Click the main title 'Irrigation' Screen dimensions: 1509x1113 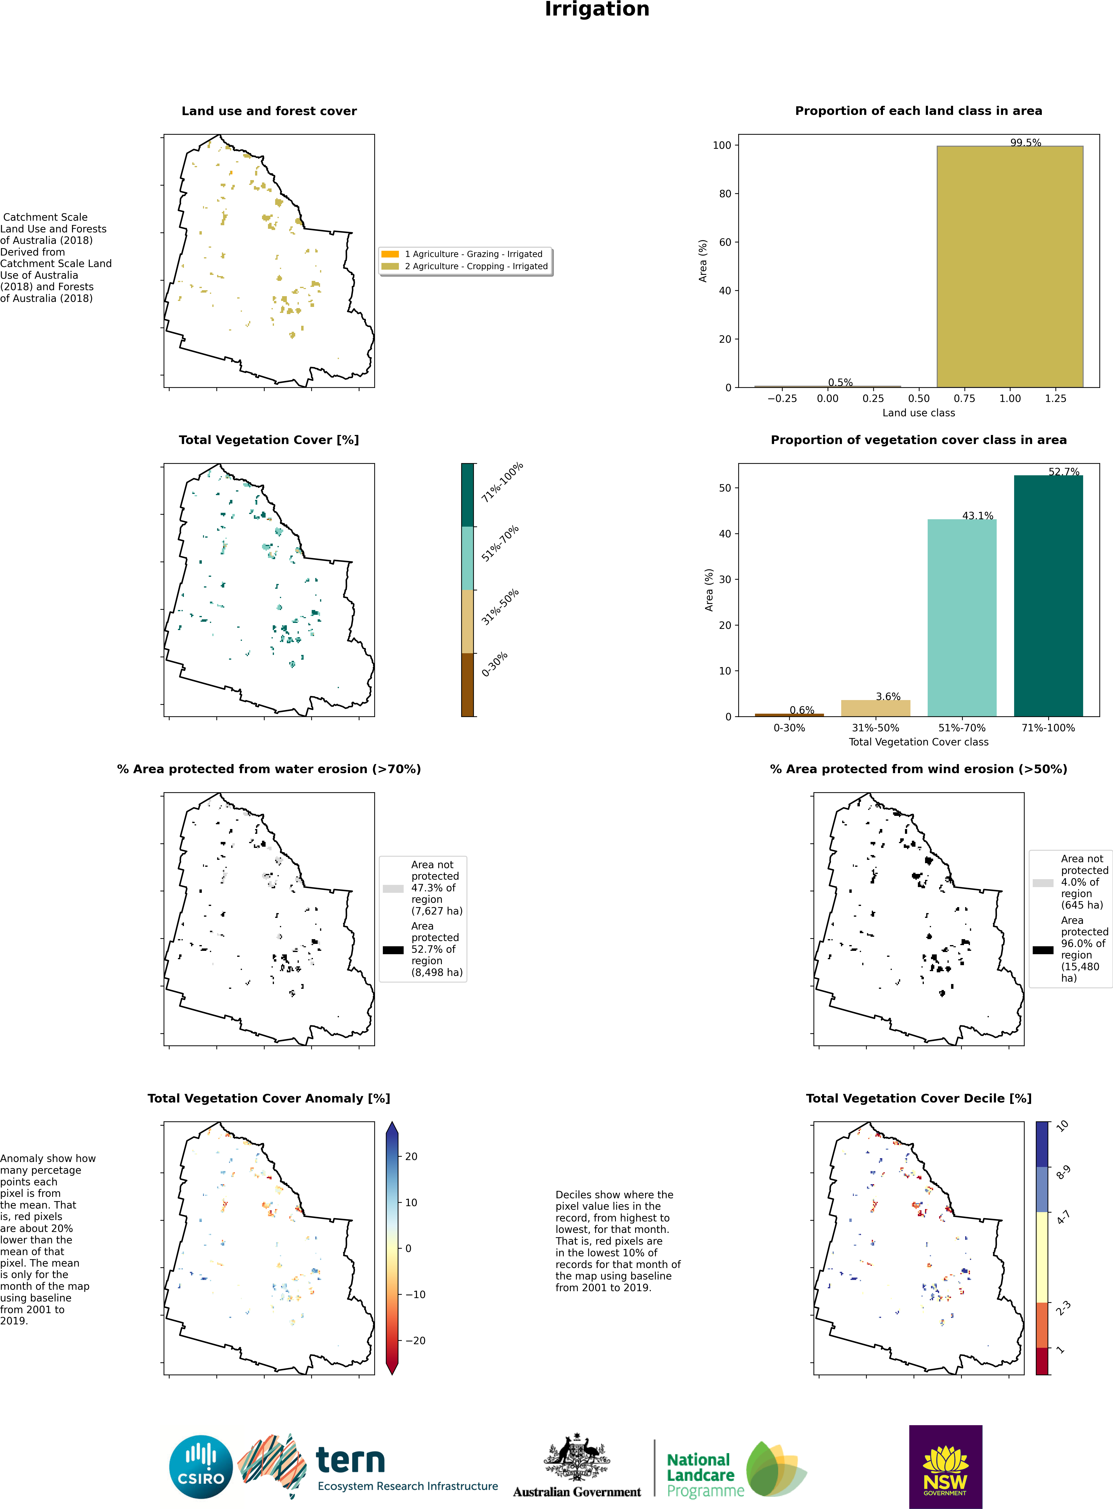597,9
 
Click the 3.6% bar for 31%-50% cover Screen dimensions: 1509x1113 875,708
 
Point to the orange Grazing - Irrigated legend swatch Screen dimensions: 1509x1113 390,254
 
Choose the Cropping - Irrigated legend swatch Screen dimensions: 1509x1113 390,266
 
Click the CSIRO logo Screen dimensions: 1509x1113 201,1466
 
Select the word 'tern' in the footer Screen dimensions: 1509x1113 350,1461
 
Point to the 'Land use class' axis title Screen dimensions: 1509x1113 918,413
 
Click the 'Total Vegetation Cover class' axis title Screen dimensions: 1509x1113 918,742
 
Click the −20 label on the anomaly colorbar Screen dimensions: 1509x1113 416,1341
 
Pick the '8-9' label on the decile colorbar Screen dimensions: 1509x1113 1062,1172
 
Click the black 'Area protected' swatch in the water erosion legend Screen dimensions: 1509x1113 393,950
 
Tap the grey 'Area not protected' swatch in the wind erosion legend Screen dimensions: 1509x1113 1043,883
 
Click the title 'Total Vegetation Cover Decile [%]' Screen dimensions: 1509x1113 918,1098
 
